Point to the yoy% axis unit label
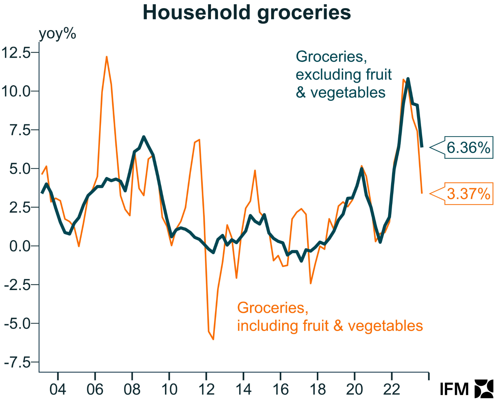pyautogui.click(x=58, y=33)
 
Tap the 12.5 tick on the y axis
pyautogui.click(x=16, y=53)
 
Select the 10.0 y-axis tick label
pyautogui.click(x=16, y=91)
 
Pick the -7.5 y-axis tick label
pyautogui.click(x=17, y=363)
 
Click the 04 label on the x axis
pyautogui.click(x=58, y=389)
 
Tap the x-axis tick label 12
pyautogui.click(x=206, y=389)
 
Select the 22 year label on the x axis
pyautogui.click(x=392, y=389)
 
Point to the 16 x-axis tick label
pyautogui.click(x=280, y=389)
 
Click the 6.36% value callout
pyautogui.click(x=468, y=148)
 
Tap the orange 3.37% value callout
pyautogui.click(x=468, y=194)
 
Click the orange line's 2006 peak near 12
pyautogui.click(x=106, y=57)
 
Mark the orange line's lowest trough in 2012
pyautogui.click(x=213, y=339)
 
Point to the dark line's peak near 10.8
pyautogui.click(x=408, y=79)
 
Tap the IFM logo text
pyautogui.click(x=454, y=389)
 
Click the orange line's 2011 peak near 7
pyautogui.click(x=199, y=140)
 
